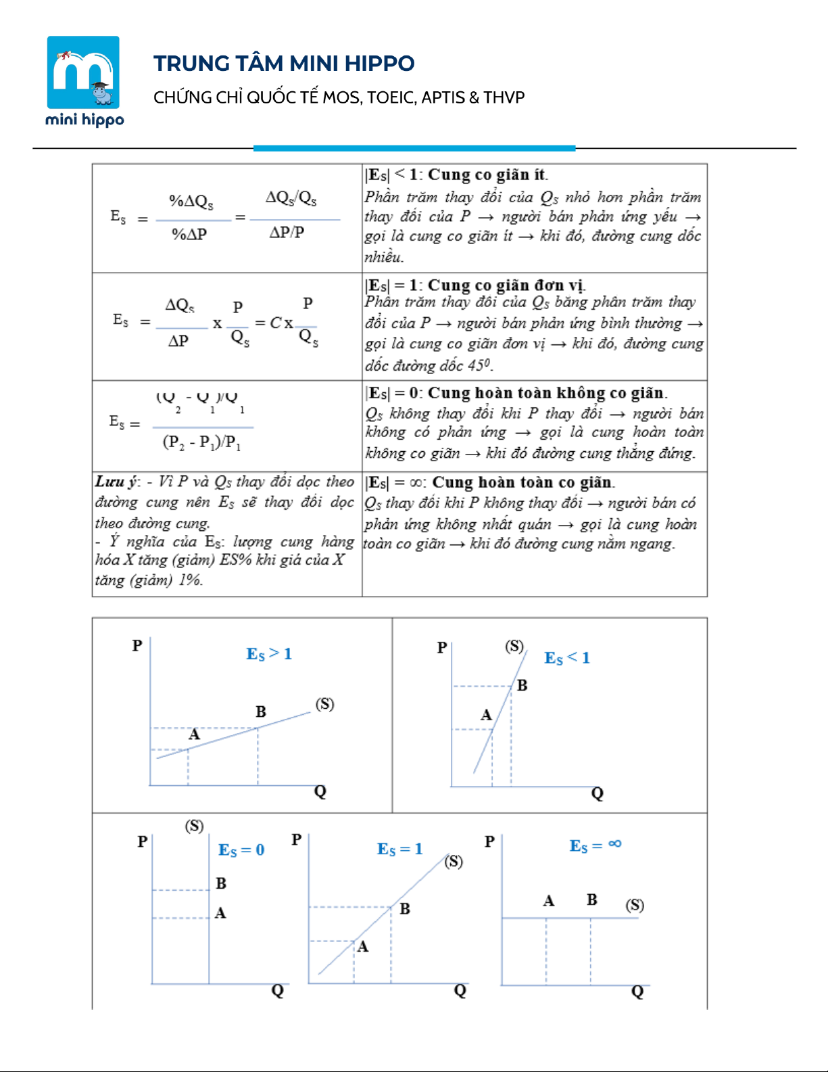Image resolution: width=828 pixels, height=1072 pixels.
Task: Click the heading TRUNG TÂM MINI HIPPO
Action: coord(284,64)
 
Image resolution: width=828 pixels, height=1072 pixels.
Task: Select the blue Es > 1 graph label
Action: coord(269,654)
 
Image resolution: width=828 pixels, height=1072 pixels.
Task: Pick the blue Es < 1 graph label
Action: coord(567,658)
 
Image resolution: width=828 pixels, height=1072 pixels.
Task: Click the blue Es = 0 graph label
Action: coord(241,850)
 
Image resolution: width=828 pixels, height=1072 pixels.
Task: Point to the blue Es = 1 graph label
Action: coord(399,849)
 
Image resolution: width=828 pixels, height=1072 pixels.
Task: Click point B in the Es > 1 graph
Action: coord(261,712)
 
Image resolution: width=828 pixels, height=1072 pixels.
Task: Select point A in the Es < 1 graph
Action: coord(486,715)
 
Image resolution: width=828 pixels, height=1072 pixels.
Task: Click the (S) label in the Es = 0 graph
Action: coord(194,826)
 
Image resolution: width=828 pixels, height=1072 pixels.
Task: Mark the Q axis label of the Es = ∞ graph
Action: coord(637,992)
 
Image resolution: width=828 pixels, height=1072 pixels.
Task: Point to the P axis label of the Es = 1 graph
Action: coord(297,840)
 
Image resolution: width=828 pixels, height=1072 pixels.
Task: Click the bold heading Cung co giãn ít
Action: coord(487,174)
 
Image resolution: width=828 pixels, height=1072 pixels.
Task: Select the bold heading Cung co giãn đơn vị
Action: coord(506,285)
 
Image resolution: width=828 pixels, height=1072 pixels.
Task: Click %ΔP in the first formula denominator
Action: coord(189,234)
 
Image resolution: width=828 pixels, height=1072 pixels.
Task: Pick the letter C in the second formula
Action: coord(275,323)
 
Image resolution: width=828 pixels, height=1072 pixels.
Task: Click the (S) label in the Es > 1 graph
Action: coord(325,704)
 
